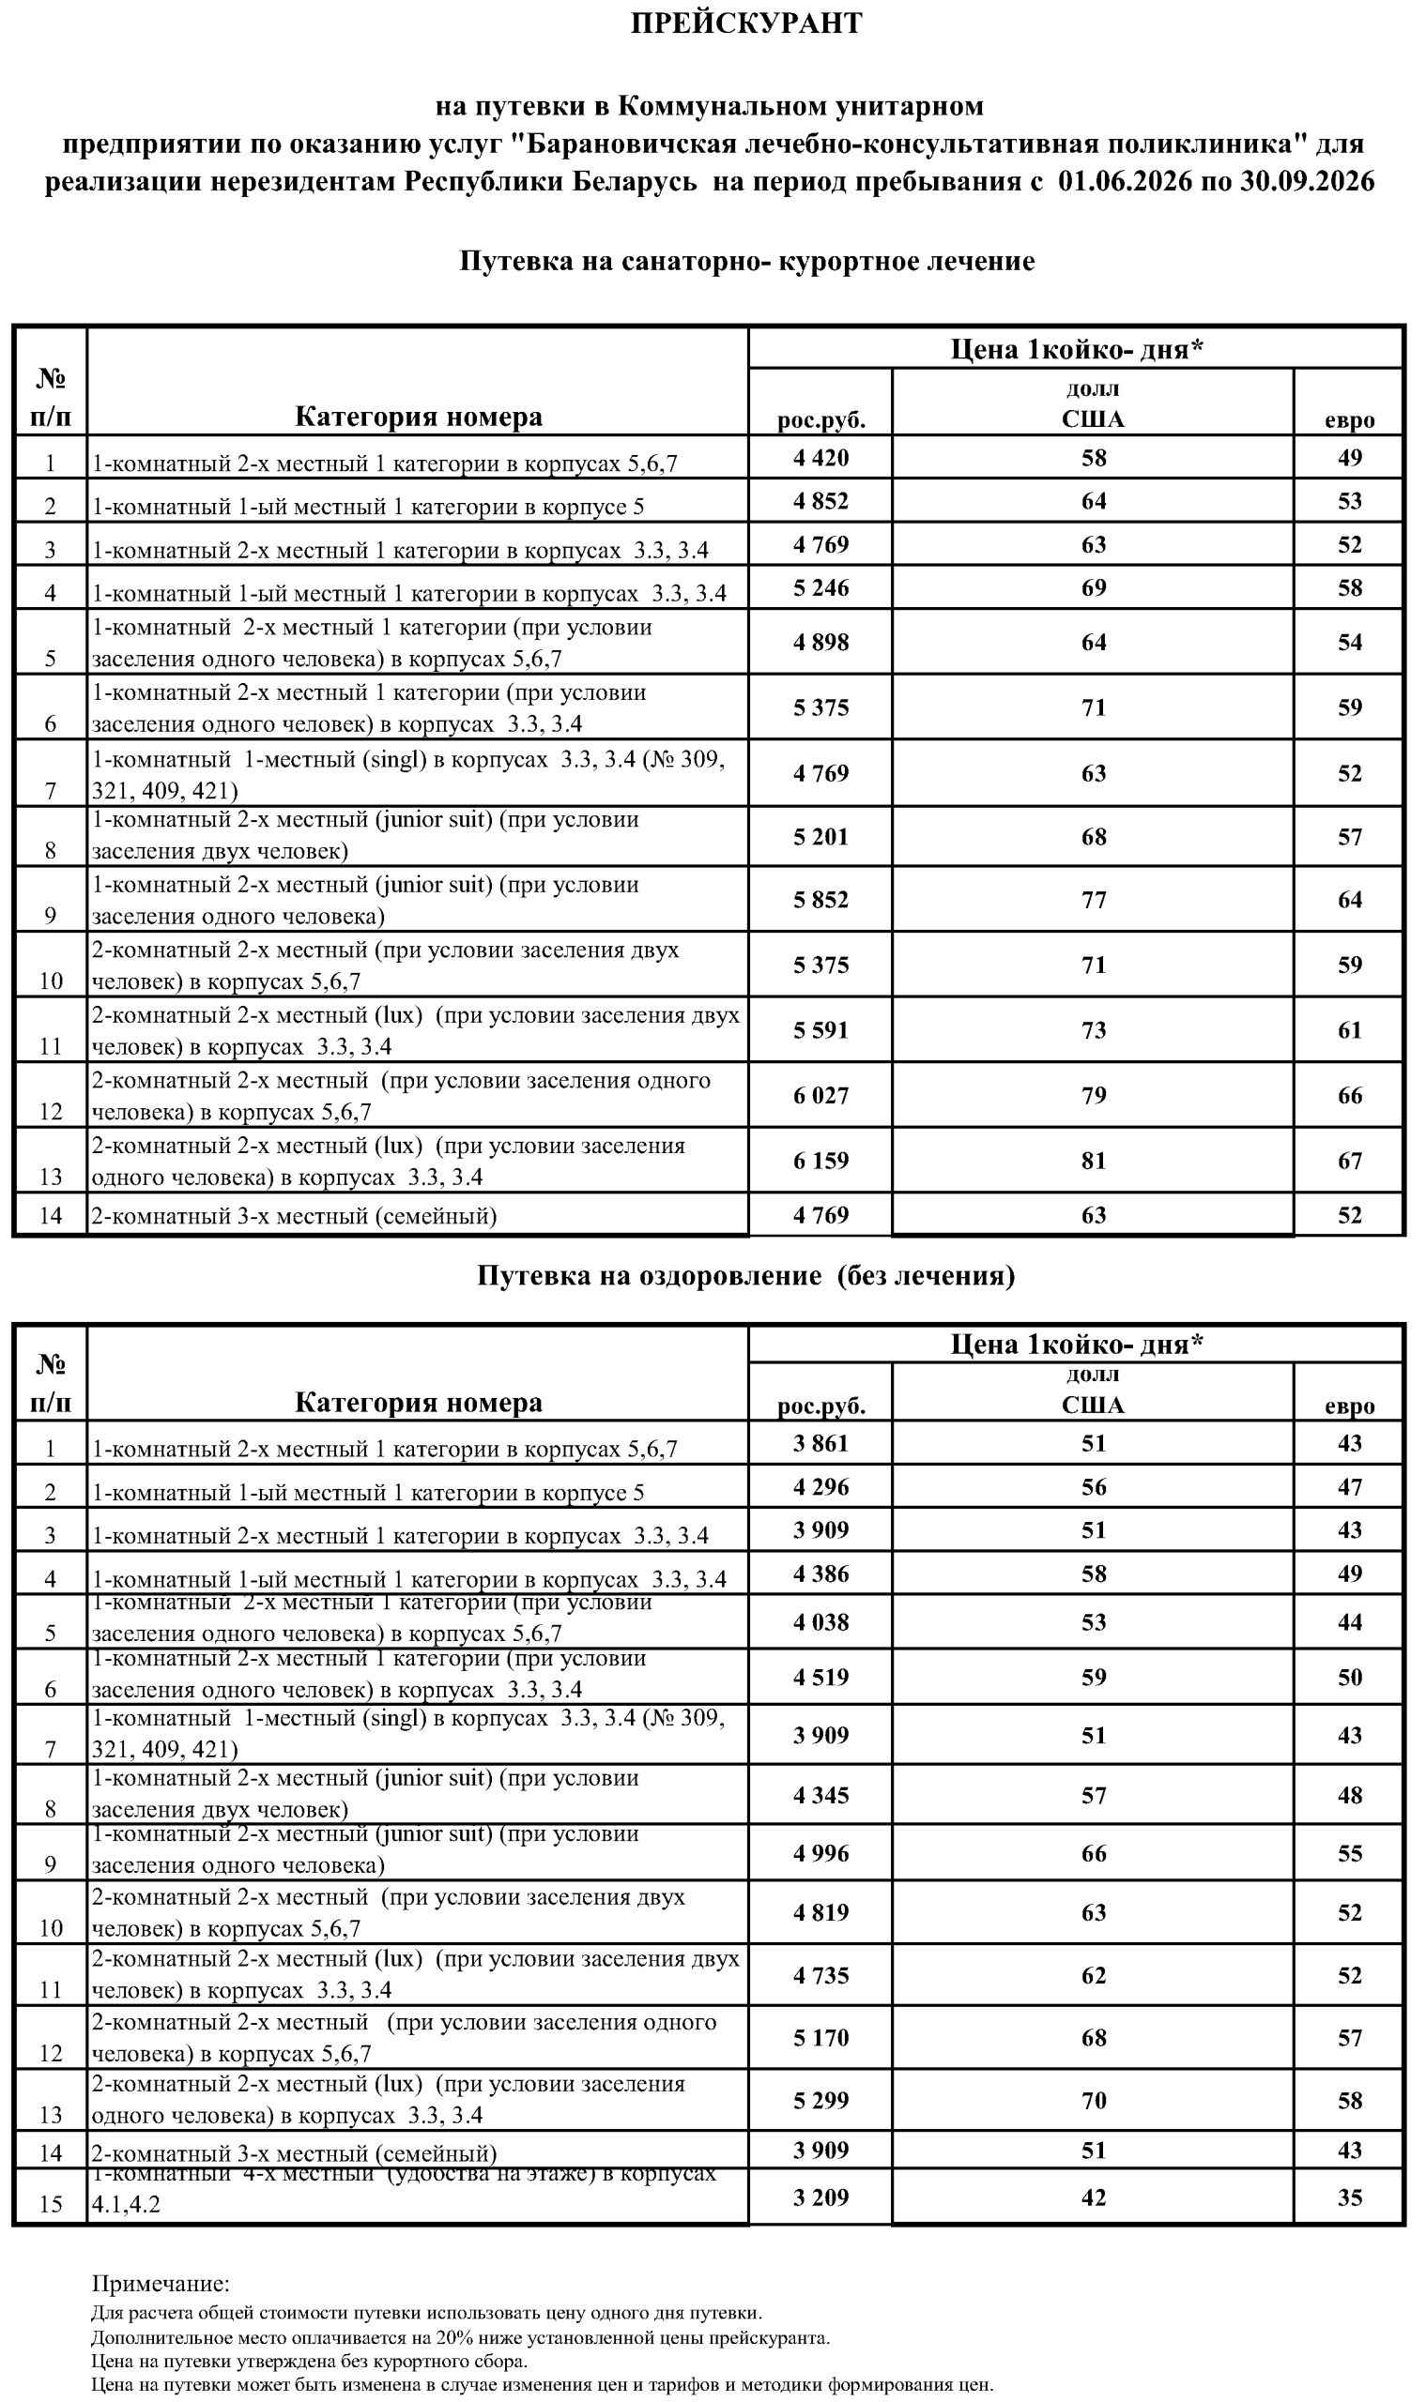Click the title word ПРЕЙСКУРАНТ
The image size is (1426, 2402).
[x=745, y=24]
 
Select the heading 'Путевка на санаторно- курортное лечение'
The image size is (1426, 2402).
[x=745, y=261]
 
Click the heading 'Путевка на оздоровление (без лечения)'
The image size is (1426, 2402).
[x=745, y=1275]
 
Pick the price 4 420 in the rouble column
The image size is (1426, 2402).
[x=820, y=458]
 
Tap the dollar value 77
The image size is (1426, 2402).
[x=1094, y=900]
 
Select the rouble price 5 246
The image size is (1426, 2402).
[x=820, y=587]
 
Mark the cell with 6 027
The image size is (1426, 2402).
[x=820, y=1095]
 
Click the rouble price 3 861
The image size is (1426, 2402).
[x=820, y=1443]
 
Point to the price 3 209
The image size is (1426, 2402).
[x=820, y=2197]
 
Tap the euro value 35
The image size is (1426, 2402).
[x=1349, y=2197]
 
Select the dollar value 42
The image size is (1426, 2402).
[x=1094, y=2197]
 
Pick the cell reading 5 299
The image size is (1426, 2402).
[x=820, y=2101]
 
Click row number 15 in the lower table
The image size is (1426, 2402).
[x=50, y=2204]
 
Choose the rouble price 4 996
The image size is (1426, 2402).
[x=820, y=1853]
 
